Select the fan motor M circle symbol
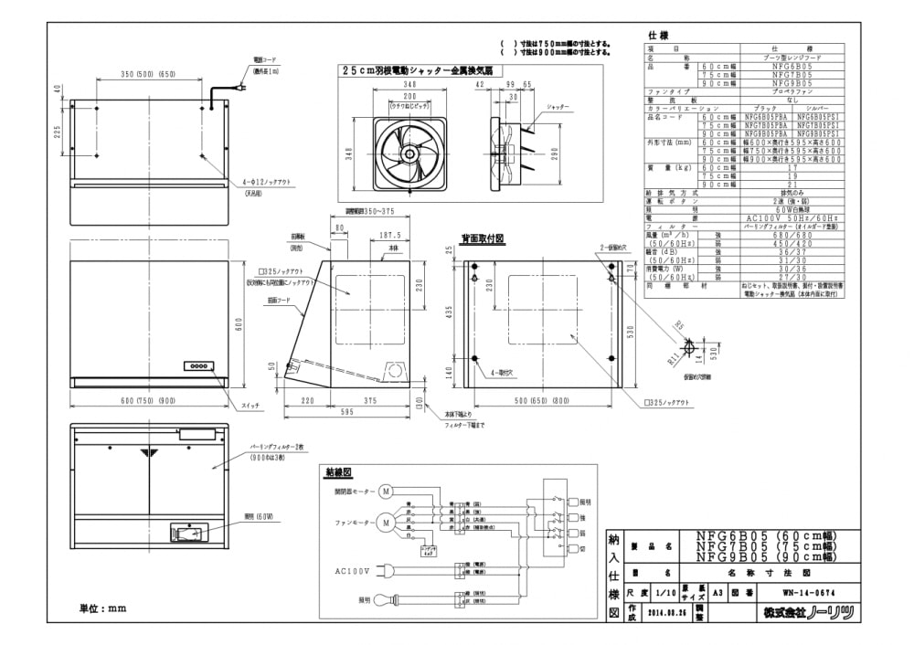click(386, 523)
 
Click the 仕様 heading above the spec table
click(658, 35)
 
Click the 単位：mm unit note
click(101, 608)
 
